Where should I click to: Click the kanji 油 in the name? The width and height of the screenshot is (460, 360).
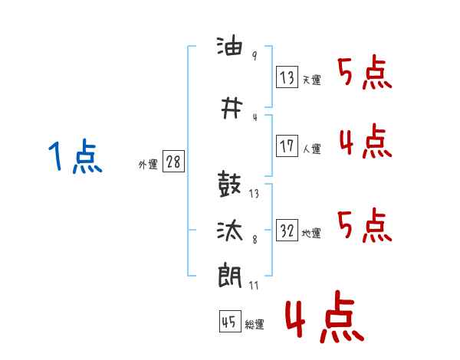pyautogui.click(x=230, y=45)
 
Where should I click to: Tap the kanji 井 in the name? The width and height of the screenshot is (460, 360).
pyautogui.click(x=232, y=108)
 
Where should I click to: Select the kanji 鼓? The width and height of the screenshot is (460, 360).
pyautogui.click(x=229, y=184)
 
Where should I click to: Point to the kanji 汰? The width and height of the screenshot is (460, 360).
pyautogui.click(x=230, y=230)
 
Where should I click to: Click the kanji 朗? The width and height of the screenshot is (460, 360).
pyautogui.click(x=230, y=275)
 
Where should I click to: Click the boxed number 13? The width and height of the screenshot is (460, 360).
pyautogui.click(x=287, y=77)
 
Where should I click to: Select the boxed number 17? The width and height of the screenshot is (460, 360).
pyautogui.click(x=287, y=146)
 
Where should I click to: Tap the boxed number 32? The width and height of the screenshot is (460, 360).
pyautogui.click(x=287, y=230)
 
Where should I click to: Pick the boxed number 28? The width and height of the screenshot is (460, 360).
pyautogui.click(x=173, y=162)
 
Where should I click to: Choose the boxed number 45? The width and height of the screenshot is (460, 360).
pyautogui.click(x=230, y=321)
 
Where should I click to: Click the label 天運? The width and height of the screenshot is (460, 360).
pyautogui.click(x=311, y=80)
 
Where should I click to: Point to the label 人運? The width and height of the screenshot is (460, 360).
pyautogui.click(x=311, y=149)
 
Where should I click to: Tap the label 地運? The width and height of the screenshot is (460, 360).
pyautogui.click(x=311, y=233)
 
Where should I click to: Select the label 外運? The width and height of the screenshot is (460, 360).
pyautogui.click(x=148, y=164)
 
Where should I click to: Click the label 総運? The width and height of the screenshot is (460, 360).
pyautogui.click(x=255, y=324)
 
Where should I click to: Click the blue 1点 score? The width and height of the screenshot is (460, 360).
pyautogui.click(x=75, y=156)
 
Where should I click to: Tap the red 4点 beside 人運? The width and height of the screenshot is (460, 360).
pyautogui.click(x=366, y=141)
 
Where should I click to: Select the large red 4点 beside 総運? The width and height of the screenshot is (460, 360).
pyautogui.click(x=325, y=316)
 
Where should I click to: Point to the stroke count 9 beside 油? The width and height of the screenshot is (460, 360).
pyautogui.click(x=255, y=56)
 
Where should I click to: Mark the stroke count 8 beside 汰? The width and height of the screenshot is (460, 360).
pyautogui.click(x=255, y=240)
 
